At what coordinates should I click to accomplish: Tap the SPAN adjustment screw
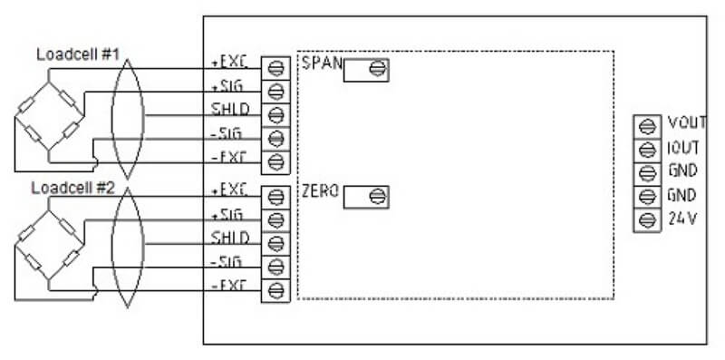click(374, 70)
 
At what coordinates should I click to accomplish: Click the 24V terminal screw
click(648, 219)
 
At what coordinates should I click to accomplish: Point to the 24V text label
click(681, 219)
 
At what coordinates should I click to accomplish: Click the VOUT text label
click(686, 123)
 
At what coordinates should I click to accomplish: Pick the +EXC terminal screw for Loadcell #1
click(275, 67)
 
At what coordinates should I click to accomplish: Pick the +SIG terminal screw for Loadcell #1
click(275, 91)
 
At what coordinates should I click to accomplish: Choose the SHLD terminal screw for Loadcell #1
click(275, 115)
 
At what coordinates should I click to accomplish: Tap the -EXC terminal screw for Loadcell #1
click(275, 162)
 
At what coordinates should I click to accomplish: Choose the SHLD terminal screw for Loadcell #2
click(275, 243)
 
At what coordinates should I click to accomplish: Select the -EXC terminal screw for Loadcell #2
click(275, 290)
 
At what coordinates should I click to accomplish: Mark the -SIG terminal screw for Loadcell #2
click(275, 267)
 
